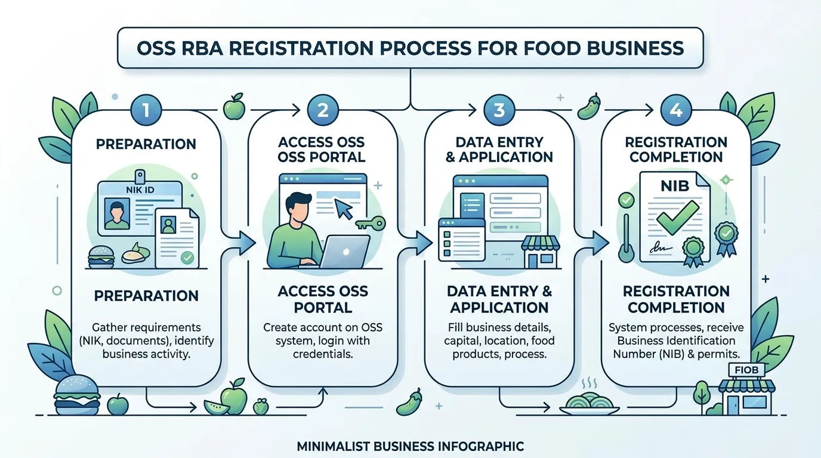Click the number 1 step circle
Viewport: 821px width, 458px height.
(x=146, y=110)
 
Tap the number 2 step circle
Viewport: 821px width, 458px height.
(x=323, y=110)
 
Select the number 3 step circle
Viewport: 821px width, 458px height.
(x=499, y=110)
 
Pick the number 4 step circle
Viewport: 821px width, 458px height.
(x=676, y=110)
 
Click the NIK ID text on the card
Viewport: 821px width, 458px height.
(x=140, y=190)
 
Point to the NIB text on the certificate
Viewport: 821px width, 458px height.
(x=675, y=186)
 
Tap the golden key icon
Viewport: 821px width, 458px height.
(x=371, y=223)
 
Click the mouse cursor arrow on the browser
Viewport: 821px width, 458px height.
(x=344, y=209)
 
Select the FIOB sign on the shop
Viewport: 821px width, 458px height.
(x=746, y=370)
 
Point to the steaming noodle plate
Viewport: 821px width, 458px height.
(x=589, y=403)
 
